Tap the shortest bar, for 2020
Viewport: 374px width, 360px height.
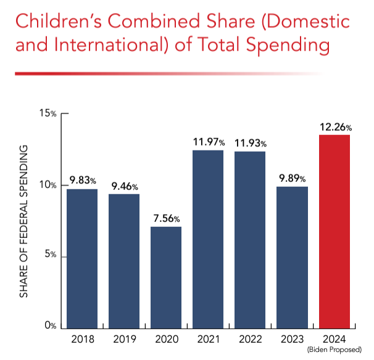166,277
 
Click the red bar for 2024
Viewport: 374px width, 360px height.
335,231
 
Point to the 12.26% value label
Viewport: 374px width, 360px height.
335,127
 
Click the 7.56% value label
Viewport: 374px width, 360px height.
167,219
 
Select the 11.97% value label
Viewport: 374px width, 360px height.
209,142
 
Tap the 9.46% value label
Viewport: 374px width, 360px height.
124,186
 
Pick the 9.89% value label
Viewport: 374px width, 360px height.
293,179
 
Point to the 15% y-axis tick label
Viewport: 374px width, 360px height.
48,114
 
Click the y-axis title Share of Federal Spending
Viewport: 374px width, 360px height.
24,221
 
